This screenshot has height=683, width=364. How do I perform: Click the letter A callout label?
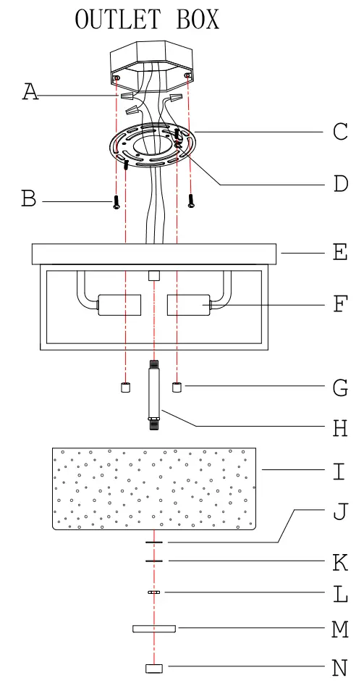(x=30, y=93)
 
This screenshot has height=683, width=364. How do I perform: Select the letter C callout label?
(x=340, y=131)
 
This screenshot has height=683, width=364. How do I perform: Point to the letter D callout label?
(x=340, y=184)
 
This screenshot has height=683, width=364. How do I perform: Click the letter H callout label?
(x=340, y=429)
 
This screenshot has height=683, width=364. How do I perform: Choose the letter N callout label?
(x=340, y=666)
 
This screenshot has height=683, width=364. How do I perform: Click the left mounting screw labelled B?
(x=115, y=201)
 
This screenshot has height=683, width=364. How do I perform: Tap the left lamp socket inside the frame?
(x=119, y=305)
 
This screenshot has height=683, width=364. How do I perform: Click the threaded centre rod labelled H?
(x=153, y=395)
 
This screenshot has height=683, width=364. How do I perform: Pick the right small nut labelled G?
(x=177, y=387)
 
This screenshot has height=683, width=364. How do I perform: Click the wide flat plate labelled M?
(x=154, y=628)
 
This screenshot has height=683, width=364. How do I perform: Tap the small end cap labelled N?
(x=152, y=668)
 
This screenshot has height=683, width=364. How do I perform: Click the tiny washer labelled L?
(x=153, y=592)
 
